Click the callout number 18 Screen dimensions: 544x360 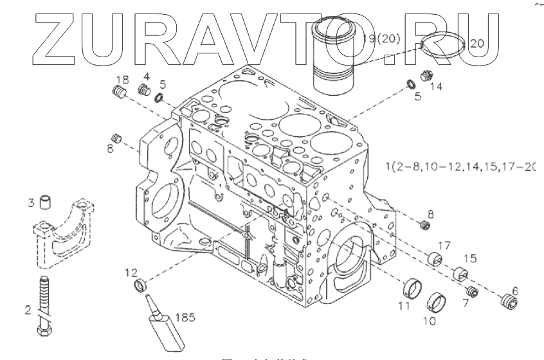coord(122,79)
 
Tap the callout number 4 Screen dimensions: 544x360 coord(146,76)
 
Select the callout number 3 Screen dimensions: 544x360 coord(30,204)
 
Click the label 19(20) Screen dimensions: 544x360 coord(382,39)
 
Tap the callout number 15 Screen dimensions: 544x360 coord(471,258)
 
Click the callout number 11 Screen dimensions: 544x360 coord(403,307)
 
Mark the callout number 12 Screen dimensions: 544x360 coord(131,273)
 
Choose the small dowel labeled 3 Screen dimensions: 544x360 coord(45,203)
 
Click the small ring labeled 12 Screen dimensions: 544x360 coord(140,285)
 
